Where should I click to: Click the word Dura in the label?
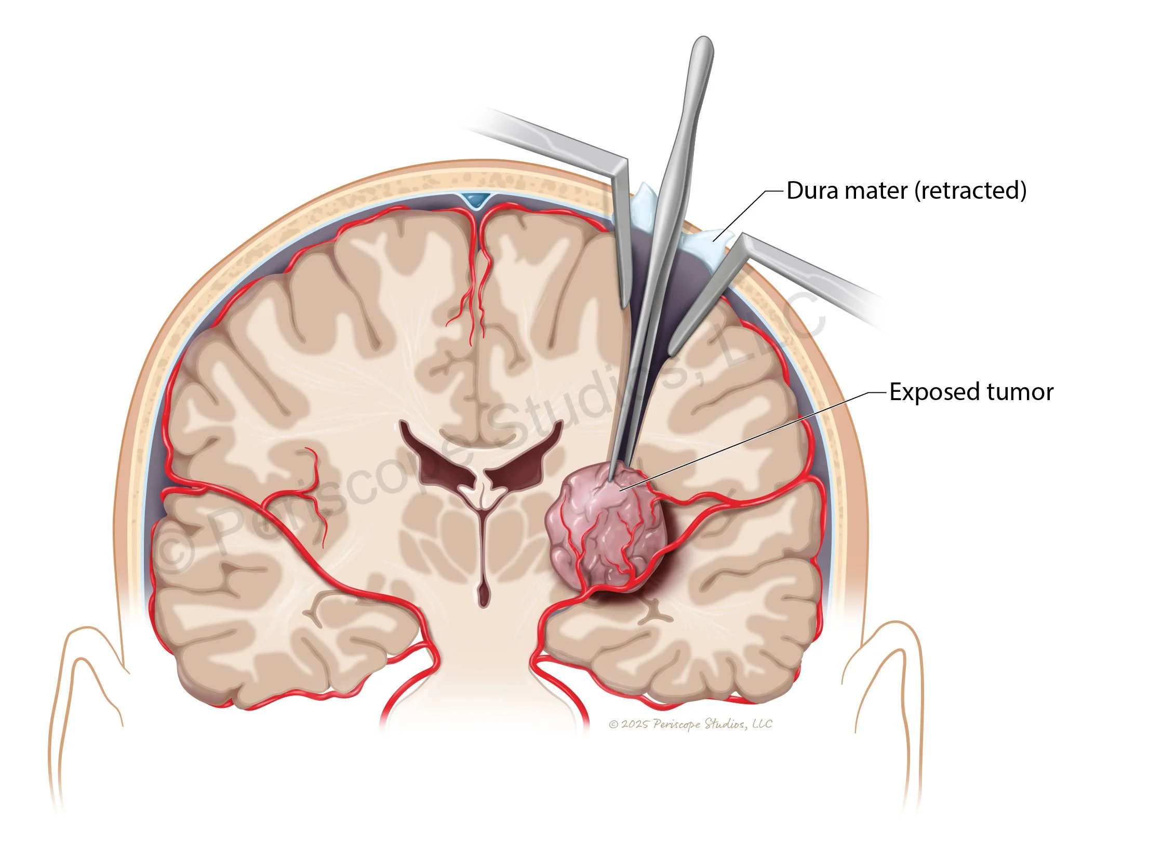[812, 191]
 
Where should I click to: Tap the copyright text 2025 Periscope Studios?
[690, 724]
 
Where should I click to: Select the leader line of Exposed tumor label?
[753, 436]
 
